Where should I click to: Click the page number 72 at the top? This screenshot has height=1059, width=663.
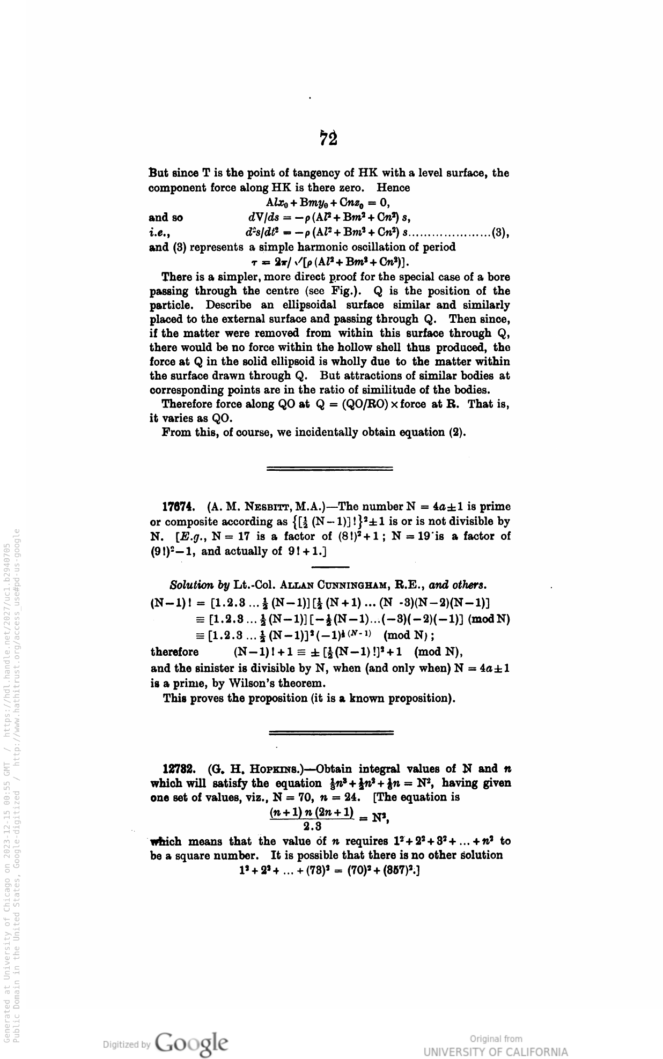pos(329,138)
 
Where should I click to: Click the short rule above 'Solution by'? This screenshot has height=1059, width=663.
pos(330,567)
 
